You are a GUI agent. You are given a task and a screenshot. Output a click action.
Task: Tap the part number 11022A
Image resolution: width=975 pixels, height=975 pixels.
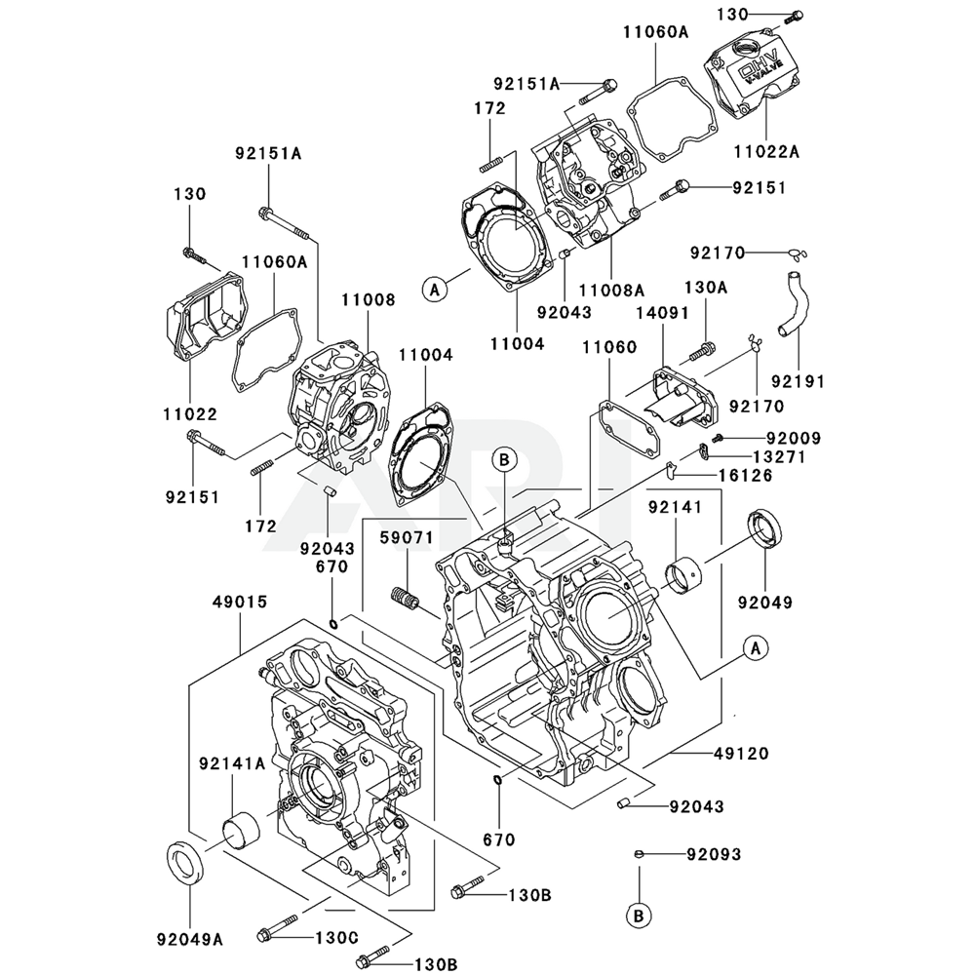766,151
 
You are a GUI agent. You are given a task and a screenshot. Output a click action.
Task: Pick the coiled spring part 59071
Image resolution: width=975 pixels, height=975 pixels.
405,598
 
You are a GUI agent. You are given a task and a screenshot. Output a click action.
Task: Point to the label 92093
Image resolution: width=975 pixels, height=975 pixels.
713,854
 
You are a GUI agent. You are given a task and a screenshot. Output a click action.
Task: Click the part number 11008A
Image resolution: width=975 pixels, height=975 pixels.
611,290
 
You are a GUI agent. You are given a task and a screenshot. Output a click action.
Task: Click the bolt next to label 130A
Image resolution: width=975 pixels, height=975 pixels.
701,350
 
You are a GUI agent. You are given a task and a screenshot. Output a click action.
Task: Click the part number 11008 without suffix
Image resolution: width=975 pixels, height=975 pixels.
369,300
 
